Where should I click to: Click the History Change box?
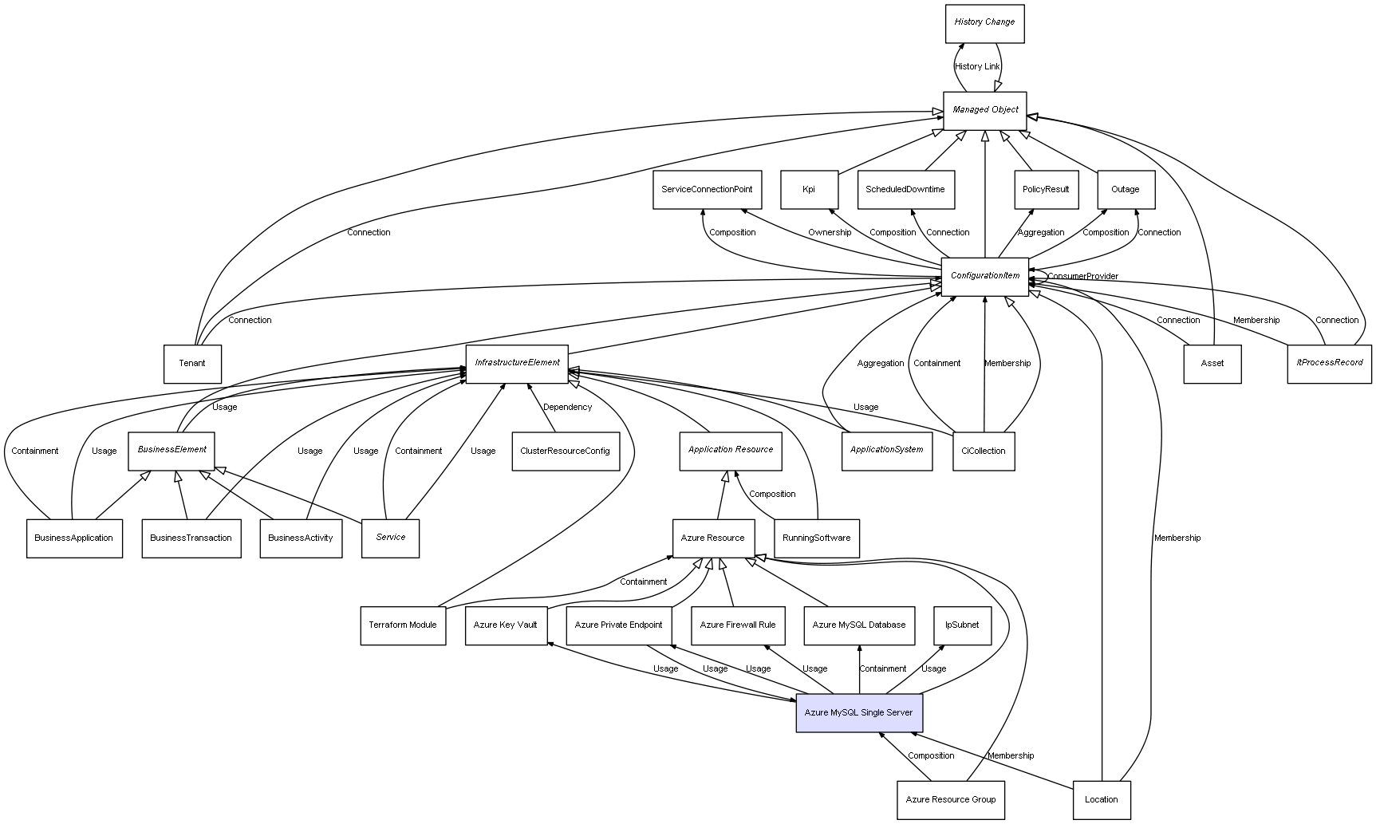pyautogui.click(x=984, y=23)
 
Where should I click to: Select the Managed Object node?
pyautogui.click(x=984, y=110)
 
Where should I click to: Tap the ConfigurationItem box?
pyautogui.click(x=984, y=276)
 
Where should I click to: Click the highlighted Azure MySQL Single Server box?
pyautogui.click(x=858, y=712)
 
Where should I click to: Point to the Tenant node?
pyautogui.click(x=192, y=364)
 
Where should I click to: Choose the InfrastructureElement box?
pyautogui.click(x=517, y=363)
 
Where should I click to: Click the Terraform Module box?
pyautogui.click(x=403, y=625)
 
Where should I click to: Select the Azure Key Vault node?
pyautogui.click(x=505, y=625)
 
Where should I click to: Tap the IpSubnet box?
pyautogui.click(x=962, y=625)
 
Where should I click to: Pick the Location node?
pyautogui.click(x=1101, y=799)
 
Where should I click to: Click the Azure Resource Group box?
pyautogui.click(x=950, y=799)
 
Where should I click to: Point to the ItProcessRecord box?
pyautogui.click(x=1329, y=363)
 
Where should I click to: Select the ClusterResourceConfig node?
pyautogui.click(x=565, y=451)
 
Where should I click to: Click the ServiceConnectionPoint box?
pyautogui.click(x=707, y=190)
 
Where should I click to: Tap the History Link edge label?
pyautogui.click(x=977, y=67)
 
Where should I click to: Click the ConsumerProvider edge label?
pyautogui.click(x=1082, y=277)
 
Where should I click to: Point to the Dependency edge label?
pyautogui.click(x=567, y=408)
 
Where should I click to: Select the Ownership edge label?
pyautogui.click(x=829, y=233)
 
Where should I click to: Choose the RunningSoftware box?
pyautogui.click(x=816, y=538)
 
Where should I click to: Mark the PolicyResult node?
pyautogui.click(x=1046, y=190)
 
